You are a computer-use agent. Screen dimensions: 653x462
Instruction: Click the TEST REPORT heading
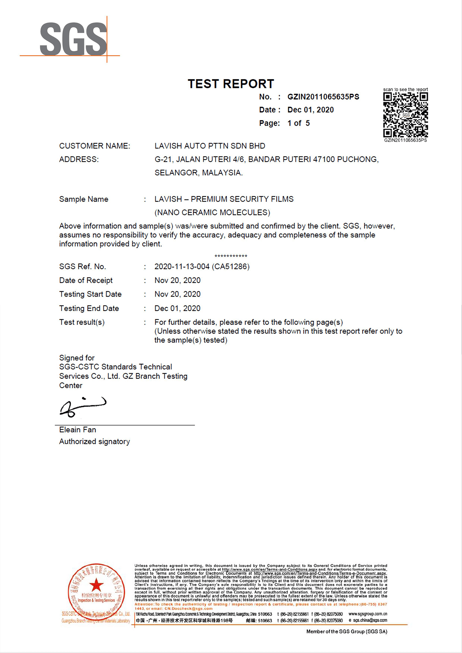coord(231,84)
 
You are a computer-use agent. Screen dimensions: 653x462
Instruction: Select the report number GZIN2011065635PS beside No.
coord(323,97)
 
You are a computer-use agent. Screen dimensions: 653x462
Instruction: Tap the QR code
coord(405,115)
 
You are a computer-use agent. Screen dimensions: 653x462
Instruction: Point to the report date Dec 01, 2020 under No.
coord(310,110)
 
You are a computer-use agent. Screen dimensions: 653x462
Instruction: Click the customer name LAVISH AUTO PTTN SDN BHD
coord(210,146)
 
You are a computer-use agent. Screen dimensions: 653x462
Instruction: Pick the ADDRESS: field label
coord(79,159)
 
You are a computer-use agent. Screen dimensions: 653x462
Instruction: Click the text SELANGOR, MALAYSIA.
coord(198,173)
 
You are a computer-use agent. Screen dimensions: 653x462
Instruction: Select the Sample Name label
coord(84,199)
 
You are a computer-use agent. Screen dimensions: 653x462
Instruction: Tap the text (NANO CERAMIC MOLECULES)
coord(212,213)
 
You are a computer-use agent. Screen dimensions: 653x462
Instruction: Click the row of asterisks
coord(231,256)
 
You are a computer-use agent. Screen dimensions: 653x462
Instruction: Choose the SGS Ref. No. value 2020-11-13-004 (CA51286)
coord(202,267)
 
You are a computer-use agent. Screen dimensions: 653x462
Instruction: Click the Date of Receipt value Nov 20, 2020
coord(177,280)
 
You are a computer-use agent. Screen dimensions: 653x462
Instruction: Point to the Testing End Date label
coord(89,308)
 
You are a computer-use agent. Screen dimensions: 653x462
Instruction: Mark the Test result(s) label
coord(82,322)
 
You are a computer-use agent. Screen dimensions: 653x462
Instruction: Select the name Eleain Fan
coord(77,430)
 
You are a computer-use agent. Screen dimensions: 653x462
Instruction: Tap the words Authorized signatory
coord(94,442)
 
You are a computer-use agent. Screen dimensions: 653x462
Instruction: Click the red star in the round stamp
coord(96,585)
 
